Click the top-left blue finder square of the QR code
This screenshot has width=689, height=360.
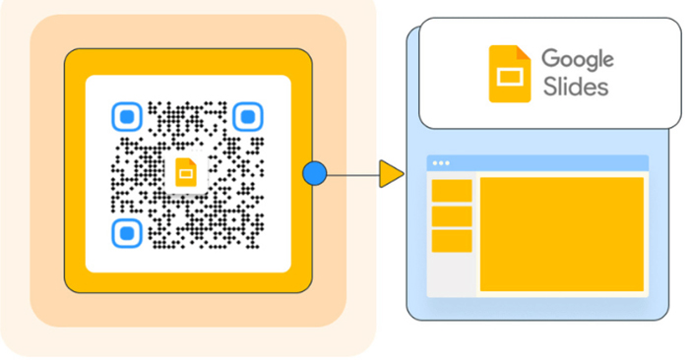pyautogui.click(x=126, y=118)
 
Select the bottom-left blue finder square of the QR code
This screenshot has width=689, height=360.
pyautogui.click(x=126, y=232)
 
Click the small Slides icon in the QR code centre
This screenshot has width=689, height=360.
pyautogui.click(x=184, y=174)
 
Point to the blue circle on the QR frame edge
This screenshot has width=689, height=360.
pyautogui.click(x=314, y=175)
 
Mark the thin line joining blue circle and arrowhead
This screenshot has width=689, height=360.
pyautogui.click(x=351, y=175)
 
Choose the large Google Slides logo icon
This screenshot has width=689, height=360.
pyautogui.click(x=509, y=74)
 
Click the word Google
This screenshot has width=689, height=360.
pyautogui.click(x=579, y=58)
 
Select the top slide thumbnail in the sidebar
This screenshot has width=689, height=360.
pyautogui.click(x=452, y=191)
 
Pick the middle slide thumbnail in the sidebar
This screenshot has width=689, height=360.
pyautogui.click(x=452, y=215)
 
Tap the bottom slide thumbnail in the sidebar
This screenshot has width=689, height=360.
pyautogui.click(x=452, y=241)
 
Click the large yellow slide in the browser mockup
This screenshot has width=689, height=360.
pyautogui.click(x=561, y=234)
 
